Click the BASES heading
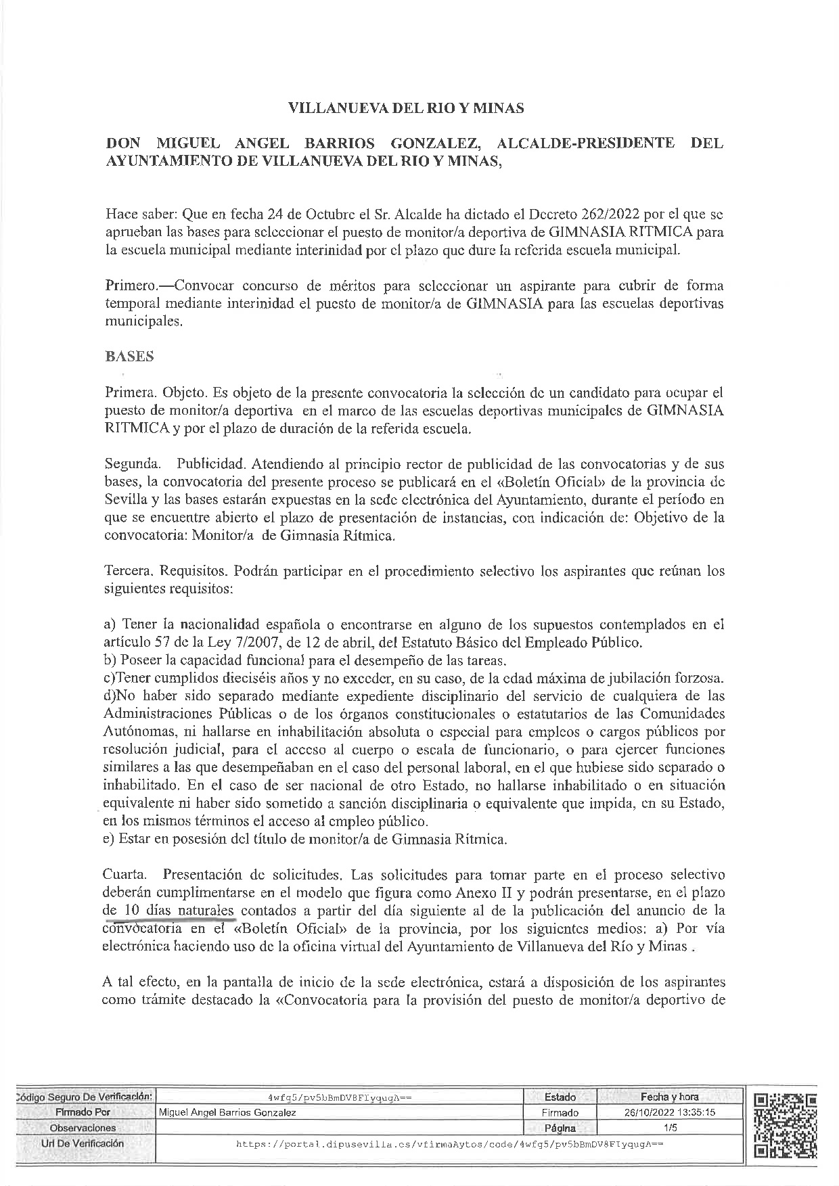129,357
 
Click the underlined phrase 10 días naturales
179,911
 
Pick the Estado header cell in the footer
560,1097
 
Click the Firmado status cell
560,1112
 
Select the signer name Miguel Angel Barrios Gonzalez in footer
227,1112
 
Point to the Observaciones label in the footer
83,1128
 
